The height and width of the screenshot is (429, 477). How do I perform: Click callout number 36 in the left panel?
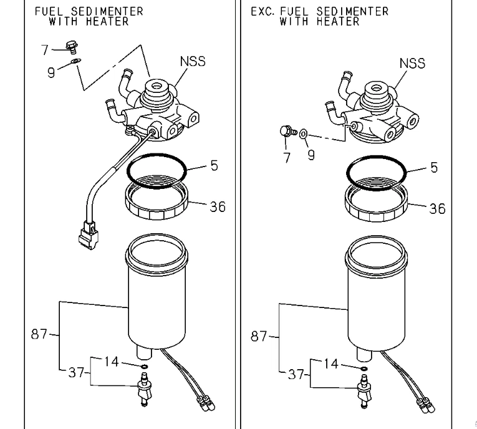click(217, 206)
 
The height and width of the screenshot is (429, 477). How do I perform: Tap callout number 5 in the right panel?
click(434, 167)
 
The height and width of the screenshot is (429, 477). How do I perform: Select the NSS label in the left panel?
click(192, 62)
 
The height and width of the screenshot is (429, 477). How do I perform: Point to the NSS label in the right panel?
click(412, 63)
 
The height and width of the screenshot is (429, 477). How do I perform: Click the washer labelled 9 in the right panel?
click(303, 133)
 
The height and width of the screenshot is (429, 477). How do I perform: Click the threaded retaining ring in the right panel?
click(377, 204)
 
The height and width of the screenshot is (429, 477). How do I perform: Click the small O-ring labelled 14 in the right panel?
click(364, 368)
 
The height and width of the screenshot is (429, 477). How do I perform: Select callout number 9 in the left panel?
click(51, 72)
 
